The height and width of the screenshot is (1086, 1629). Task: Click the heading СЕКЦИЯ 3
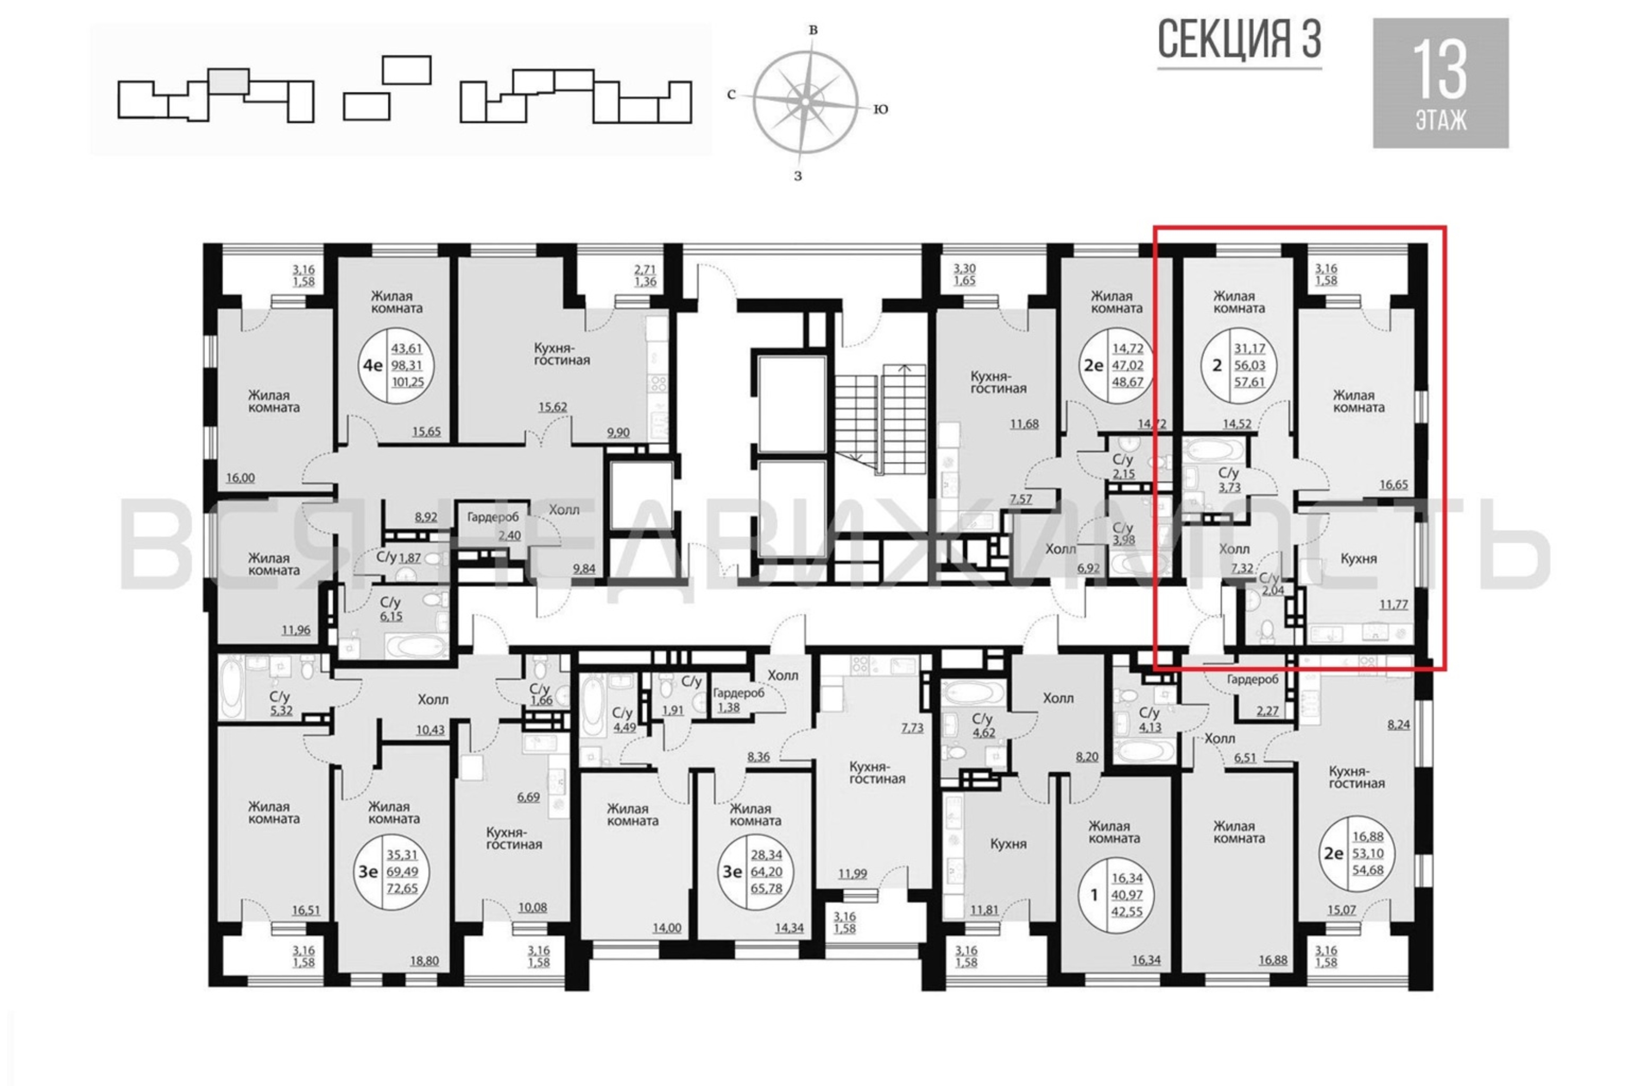tap(1239, 40)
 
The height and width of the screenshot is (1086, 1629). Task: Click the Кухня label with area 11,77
tap(1358, 559)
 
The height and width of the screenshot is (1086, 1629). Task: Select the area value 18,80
tap(424, 961)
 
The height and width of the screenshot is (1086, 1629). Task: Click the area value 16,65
tap(1393, 485)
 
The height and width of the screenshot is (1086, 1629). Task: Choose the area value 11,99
tap(853, 874)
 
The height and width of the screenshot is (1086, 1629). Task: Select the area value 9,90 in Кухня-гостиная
tap(618, 433)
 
